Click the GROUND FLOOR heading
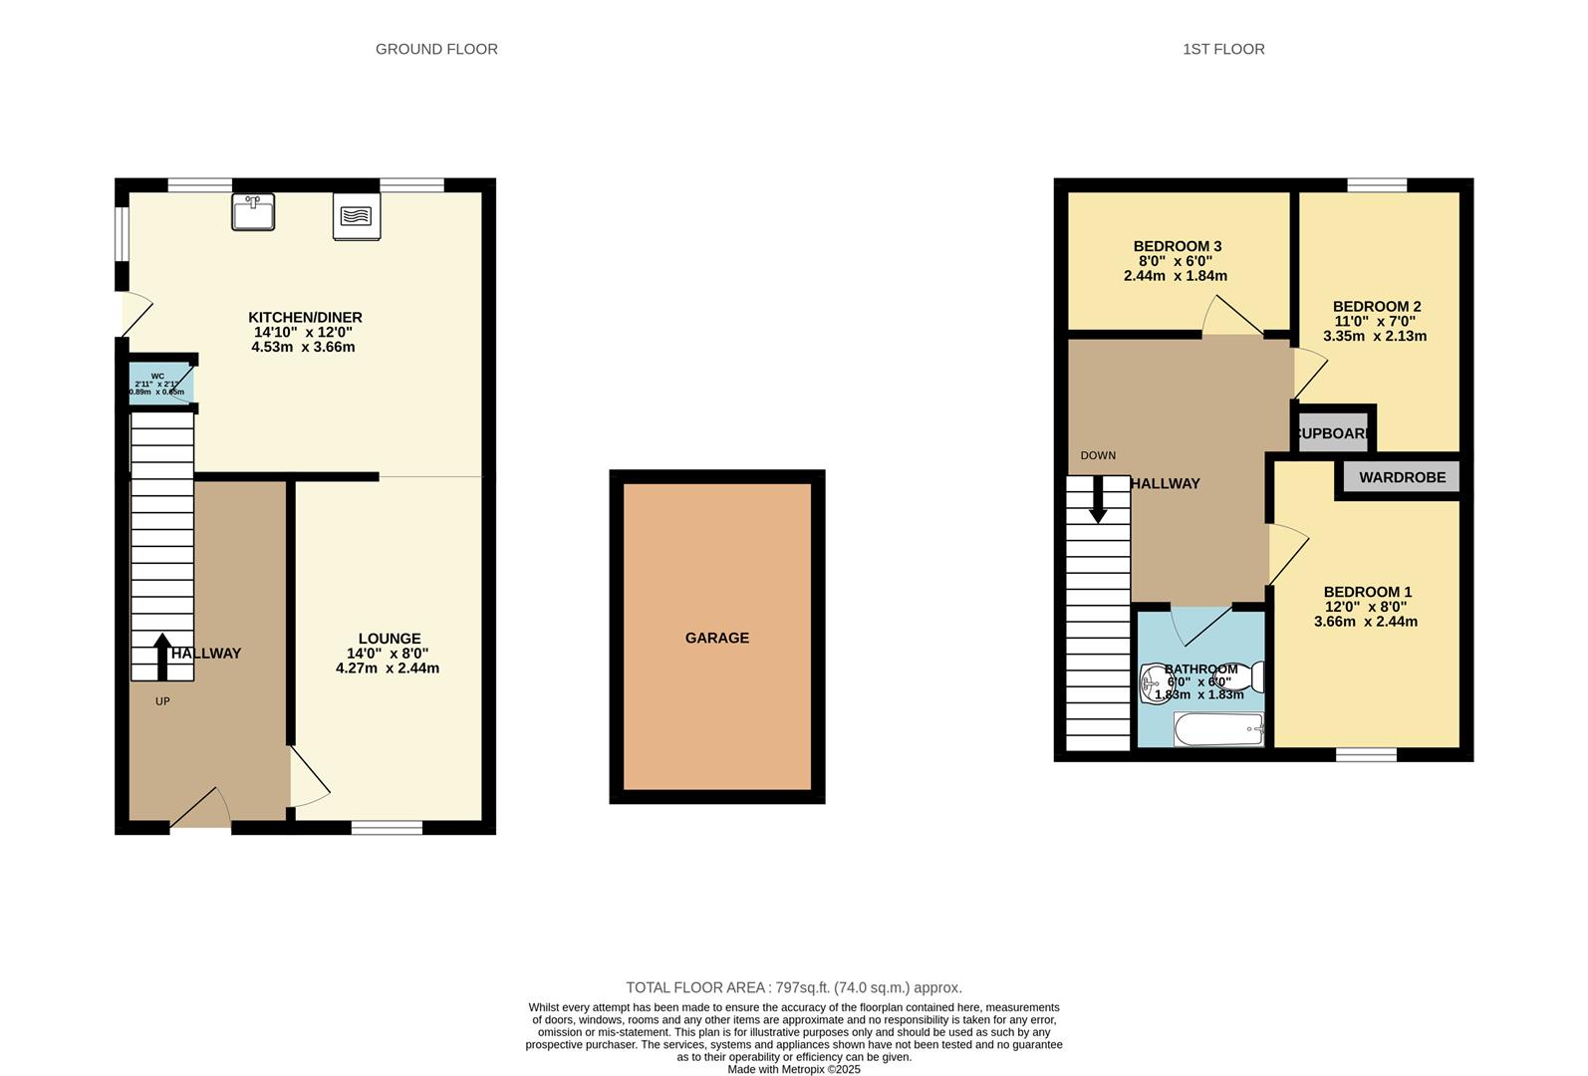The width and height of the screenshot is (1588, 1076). click(x=436, y=49)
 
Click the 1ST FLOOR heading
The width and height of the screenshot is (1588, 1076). click(x=1223, y=49)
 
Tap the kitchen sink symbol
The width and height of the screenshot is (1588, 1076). click(x=253, y=212)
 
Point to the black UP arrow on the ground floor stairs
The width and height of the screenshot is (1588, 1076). click(x=161, y=656)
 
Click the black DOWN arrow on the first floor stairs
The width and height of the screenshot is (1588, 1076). click(x=1098, y=499)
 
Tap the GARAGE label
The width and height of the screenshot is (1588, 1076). click(x=716, y=638)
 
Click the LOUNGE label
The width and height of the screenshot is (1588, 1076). click(x=390, y=639)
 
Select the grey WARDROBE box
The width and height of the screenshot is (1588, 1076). click(x=1402, y=477)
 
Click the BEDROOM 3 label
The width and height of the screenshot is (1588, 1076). click(x=1177, y=246)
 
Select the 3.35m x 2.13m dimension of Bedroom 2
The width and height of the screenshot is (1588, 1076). click(x=1375, y=336)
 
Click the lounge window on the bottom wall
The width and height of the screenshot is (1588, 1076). click(x=387, y=827)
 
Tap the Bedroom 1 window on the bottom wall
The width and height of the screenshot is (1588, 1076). click(x=1366, y=754)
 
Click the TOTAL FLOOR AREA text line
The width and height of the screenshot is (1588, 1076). click(x=793, y=987)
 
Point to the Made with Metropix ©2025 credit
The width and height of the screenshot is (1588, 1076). click(x=793, y=1069)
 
